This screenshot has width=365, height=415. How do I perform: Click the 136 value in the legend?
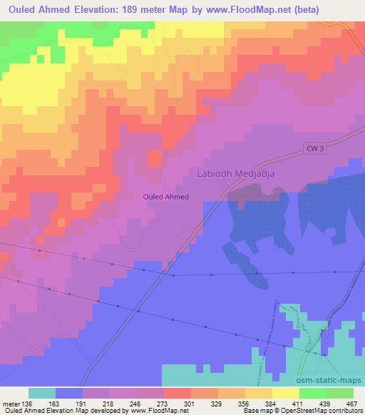point(28,403)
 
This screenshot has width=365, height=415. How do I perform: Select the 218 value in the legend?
point(109,403)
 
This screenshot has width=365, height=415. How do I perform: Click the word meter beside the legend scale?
point(11,403)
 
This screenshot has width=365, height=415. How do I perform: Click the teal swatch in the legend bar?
point(41,393)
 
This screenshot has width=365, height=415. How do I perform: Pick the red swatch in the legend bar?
point(177,393)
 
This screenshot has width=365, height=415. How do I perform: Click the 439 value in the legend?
point(325,403)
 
